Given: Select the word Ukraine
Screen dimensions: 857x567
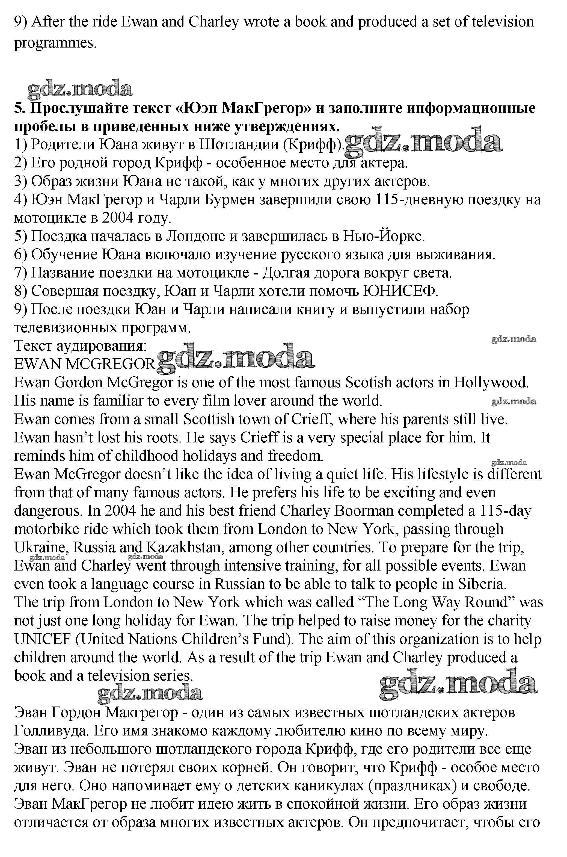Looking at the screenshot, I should click(x=41, y=547).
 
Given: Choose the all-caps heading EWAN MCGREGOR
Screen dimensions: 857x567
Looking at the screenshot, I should click(x=85, y=364).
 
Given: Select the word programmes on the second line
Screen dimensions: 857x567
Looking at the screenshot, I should click(x=55, y=43).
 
